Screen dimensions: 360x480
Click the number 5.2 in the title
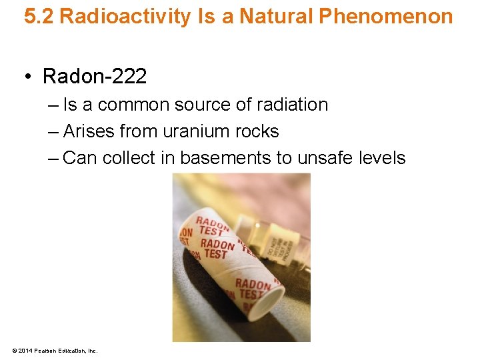coord(38,17)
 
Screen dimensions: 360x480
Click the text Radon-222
coord(94,77)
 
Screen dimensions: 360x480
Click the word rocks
coord(257,131)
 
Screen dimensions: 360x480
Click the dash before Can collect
coord(53,158)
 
